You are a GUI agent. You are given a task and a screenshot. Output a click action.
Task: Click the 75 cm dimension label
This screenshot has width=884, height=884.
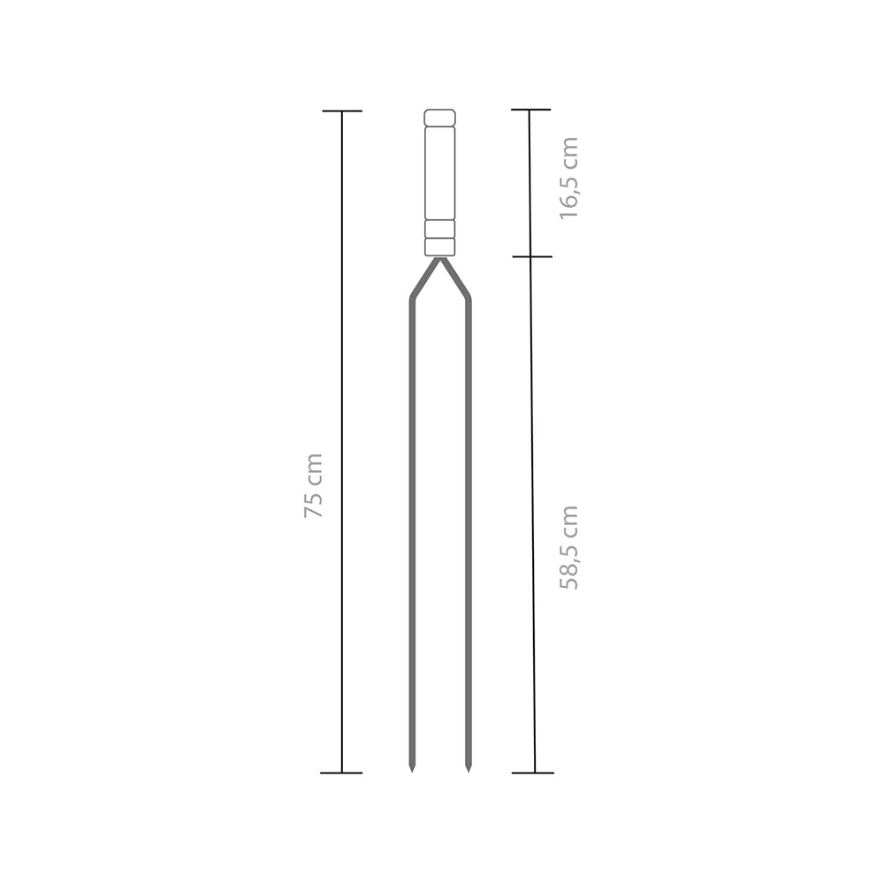tap(314, 485)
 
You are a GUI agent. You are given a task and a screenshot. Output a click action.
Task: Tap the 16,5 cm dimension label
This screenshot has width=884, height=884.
tap(568, 178)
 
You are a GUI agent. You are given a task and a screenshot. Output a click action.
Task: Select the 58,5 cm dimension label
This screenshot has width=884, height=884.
tap(568, 547)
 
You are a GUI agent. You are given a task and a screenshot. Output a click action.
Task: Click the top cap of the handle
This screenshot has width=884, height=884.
tap(439, 118)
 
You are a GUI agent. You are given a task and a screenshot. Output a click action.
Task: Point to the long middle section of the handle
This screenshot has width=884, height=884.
tap(439, 173)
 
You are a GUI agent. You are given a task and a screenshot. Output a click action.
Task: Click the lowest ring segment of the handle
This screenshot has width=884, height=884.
tap(439, 247)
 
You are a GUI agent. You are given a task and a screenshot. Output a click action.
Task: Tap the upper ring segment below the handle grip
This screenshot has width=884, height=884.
tap(439, 229)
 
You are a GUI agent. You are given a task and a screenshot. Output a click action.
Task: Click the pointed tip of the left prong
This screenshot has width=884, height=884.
tap(412, 771)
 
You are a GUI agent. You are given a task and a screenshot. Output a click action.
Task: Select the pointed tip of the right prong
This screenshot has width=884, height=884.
tap(468, 771)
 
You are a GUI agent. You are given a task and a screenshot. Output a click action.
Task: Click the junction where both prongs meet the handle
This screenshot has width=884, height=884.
tap(439, 259)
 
